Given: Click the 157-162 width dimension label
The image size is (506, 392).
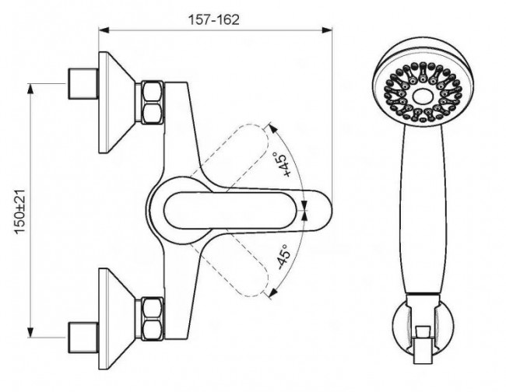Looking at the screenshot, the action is pos(214,19).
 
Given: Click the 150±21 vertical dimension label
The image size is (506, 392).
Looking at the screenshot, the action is pos(20,212).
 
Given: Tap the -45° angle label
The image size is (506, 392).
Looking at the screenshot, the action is pos(283,257).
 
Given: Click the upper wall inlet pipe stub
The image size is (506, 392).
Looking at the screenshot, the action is pos(83,83).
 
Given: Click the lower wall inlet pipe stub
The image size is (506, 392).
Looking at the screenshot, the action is pos(83,338).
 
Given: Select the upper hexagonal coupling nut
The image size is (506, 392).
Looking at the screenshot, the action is pos(152,103).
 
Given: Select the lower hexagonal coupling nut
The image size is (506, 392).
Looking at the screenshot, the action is pos(152,319).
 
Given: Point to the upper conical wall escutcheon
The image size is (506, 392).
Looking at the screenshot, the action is pos(117,103).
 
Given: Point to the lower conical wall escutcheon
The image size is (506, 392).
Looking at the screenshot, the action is pos(117,319).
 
